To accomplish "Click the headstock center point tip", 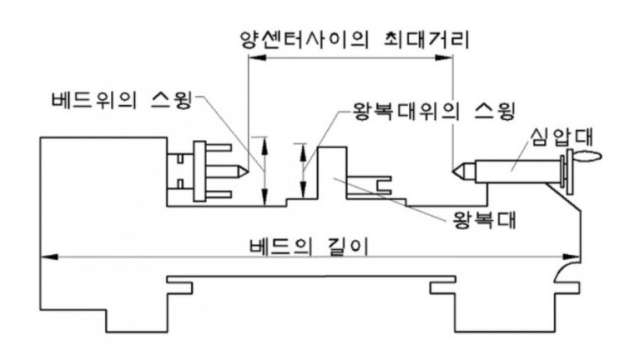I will pos(246,172).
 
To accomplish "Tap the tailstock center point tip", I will pos(454,172).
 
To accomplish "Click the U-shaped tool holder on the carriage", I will pos(378,184).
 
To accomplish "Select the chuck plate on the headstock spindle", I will pos(199,172).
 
